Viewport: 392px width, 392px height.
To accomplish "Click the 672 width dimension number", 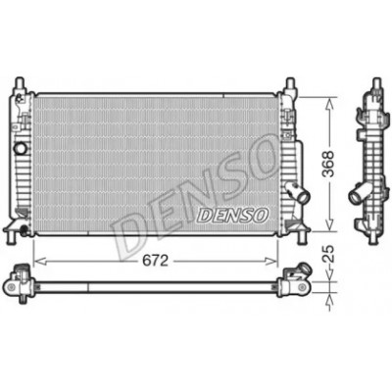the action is point(155,261).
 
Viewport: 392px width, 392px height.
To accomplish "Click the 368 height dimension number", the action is point(328,164).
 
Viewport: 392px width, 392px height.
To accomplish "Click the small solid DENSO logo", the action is point(233,216).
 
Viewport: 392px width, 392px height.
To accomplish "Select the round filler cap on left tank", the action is point(21,149).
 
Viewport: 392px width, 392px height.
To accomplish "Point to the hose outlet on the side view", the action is point(358,195).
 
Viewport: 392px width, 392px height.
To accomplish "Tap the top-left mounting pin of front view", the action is point(21,82).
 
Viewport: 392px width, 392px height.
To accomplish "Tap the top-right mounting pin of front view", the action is point(290,83).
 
